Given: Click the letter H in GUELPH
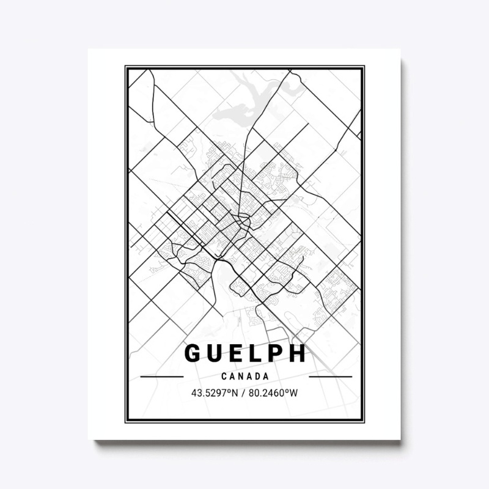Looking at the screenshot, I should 299,354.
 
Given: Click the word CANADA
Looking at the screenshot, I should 245,377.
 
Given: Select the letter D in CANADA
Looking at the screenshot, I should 257,377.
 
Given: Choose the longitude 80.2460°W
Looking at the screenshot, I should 274,392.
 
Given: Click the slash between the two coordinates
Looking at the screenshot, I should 244,392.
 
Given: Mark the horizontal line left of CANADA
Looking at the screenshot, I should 161,377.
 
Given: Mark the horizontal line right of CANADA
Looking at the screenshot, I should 331,377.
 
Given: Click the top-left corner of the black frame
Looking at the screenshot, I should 127,67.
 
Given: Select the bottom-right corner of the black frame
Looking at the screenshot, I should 363,421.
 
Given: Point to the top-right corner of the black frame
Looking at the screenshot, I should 363,67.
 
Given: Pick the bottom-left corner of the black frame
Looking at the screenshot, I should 127,421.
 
